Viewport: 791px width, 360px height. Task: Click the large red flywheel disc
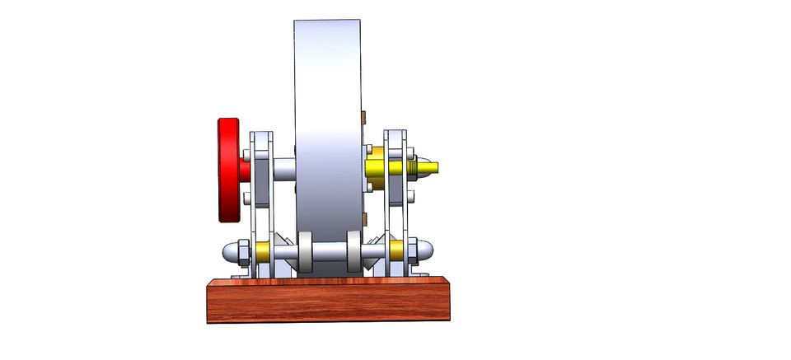pos(228,170)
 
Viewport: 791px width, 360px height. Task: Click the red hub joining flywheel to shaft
pos(245,169)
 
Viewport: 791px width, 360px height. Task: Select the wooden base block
pos(328,300)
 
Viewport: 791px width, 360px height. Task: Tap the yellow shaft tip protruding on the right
pos(429,168)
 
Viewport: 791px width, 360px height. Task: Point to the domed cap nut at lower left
pos(227,251)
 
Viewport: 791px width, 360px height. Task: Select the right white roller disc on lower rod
pos(354,251)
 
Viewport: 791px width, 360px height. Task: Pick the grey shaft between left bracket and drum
pos(283,169)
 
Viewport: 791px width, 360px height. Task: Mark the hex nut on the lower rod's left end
pos(243,251)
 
